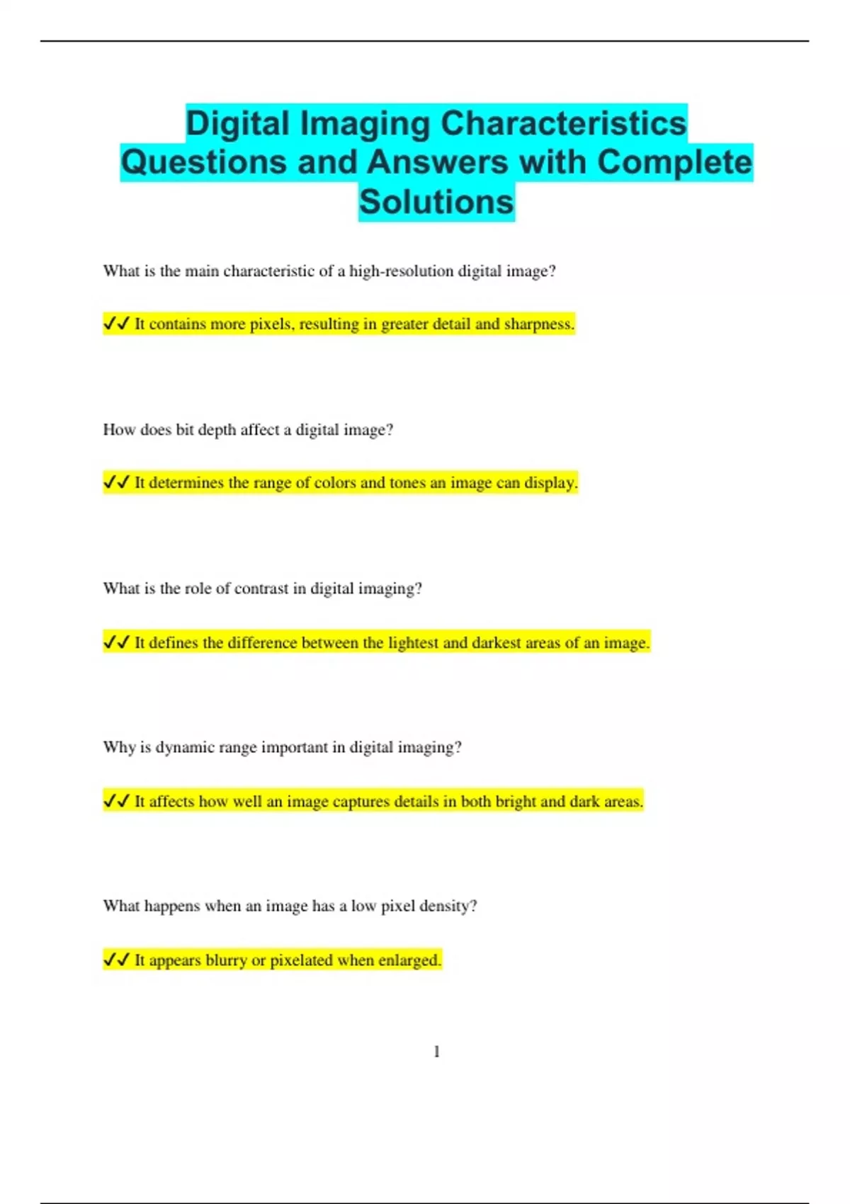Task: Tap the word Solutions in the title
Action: pos(436,201)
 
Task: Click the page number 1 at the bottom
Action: pos(436,1052)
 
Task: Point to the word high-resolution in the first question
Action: pos(402,271)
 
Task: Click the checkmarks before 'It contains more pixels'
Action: pos(117,324)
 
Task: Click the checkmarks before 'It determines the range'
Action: pos(117,482)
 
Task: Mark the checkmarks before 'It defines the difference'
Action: pos(117,642)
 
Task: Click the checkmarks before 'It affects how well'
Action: pos(117,801)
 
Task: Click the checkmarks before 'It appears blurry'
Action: pos(117,960)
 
